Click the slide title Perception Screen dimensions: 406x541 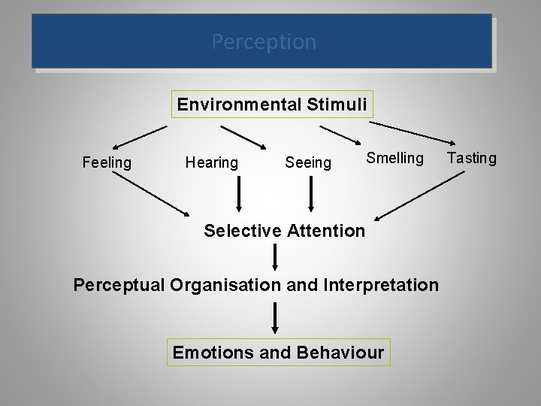click(264, 41)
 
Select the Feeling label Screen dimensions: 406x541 click(106, 162)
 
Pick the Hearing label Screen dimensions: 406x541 click(211, 162)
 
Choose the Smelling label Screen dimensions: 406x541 click(395, 158)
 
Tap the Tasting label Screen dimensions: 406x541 click(472, 158)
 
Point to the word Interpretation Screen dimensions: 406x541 click(379, 286)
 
